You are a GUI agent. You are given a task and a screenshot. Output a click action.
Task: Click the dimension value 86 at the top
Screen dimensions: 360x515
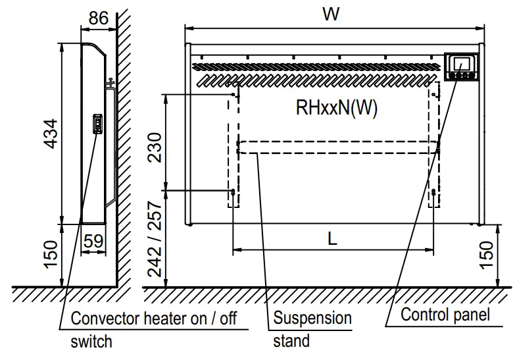click(98, 18)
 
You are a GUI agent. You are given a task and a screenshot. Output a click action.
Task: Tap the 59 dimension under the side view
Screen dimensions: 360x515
click(93, 241)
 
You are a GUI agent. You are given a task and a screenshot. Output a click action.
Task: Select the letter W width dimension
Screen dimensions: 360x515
click(331, 14)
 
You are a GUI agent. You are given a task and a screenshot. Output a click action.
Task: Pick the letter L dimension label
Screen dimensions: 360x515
click(333, 240)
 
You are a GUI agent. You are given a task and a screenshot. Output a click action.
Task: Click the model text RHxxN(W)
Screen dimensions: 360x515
click(337, 109)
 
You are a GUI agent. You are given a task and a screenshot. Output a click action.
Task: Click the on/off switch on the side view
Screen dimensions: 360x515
click(97, 124)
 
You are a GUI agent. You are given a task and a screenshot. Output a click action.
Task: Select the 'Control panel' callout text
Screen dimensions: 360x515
click(445, 315)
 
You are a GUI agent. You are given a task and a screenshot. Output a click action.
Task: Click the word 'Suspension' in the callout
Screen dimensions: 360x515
click(312, 319)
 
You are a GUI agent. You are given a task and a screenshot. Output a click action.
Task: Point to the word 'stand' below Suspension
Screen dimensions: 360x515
click(291, 341)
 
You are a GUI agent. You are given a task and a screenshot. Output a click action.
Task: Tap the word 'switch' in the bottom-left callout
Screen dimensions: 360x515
click(91, 342)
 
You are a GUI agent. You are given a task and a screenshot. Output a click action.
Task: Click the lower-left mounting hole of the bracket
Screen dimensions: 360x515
click(233, 192)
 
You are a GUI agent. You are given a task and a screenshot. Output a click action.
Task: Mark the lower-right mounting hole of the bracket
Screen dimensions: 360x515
click(433, 192)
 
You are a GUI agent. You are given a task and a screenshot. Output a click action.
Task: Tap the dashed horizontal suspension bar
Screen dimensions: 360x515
click(337, 147)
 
